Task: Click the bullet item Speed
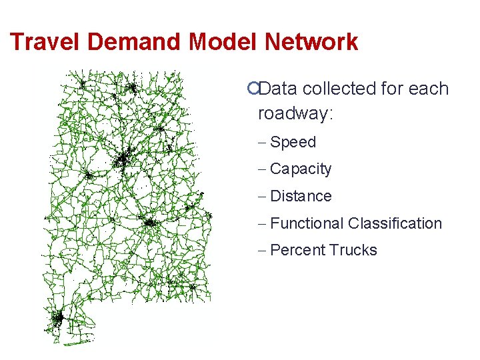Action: (x=293, y=142)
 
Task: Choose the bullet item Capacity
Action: (x=301, y=169)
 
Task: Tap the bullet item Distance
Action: (x=301, y=196)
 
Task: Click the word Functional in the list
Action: (x=307, y=223)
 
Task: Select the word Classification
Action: (x=395, y=223)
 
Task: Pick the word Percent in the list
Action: (x=297, y=250)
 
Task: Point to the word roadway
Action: (x=293, y=113)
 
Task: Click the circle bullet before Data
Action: (x=251, y=89)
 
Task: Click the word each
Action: (x=431, y=89)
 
